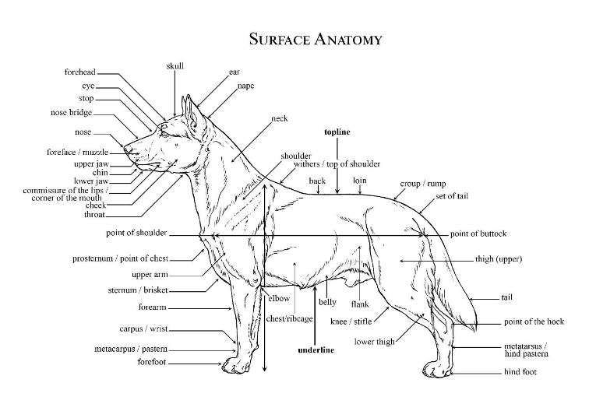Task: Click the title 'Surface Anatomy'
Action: click(316, 38)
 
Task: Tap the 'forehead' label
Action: click(80, 72)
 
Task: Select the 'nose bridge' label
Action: click(71, 113)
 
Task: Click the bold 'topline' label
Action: click(337, 132)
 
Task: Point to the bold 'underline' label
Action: click(316, 350)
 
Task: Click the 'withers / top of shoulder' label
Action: click(337, 164)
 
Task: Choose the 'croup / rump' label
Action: click(423, 184)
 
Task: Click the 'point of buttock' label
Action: click(478, 234)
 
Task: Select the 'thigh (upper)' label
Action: click(498, 258)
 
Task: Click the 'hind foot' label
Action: click(520, 372)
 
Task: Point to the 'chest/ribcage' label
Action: click(285, 319)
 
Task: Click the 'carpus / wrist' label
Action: click(143, 328)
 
